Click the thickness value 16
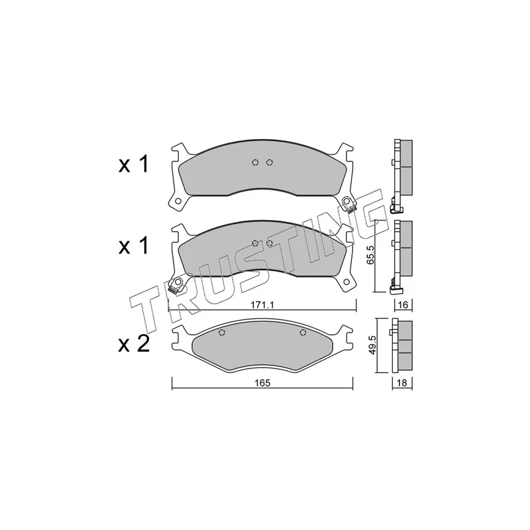(x=403, y=305)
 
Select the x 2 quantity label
(x=134, y=344)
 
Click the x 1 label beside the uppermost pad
(x=134, y=165)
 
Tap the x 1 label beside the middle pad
(x=134, y=247)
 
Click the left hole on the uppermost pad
(x=256, y=163)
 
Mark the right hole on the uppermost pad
(x=269, y=163)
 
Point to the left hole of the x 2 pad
(x=222, y=333)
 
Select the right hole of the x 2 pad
(x=303, y=333)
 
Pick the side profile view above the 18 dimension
(x=402, y=346)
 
